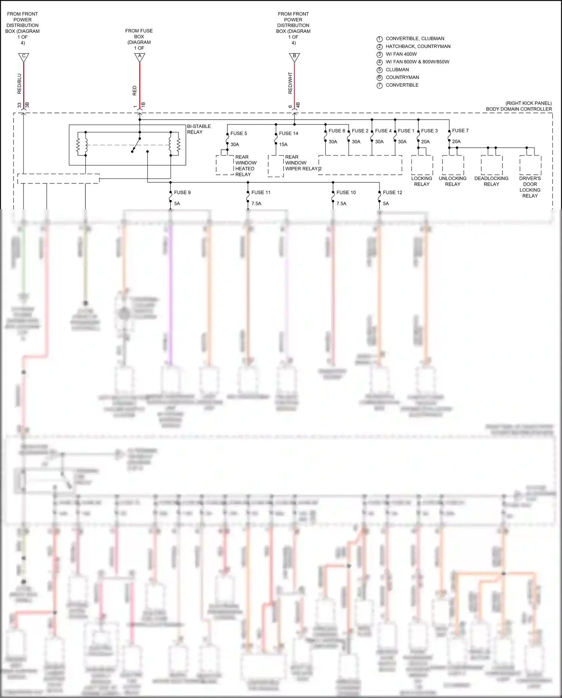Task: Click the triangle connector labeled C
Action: pyautogui.click(x=24, y=57)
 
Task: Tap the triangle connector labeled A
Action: pyautogui.click(x=140, y=57)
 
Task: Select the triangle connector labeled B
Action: pyautogui.click(x=294, y=57)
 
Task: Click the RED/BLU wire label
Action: pyautogui.click(x=19, y=83)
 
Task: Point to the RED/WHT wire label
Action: pyautogui.click(x=290, y=83)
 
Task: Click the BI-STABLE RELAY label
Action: pyautogui.click(x=199, y=129)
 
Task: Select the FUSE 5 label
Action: pyautogui.click(x=239, y=133)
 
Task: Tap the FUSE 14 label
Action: pyautogui.click(x=288, y=133)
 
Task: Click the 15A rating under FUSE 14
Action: pyautogui.click(x=283, y=144)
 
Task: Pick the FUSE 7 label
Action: pyautogui.click(x=460, y=131)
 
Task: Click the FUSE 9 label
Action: pyautogui.click(x=182, y=192)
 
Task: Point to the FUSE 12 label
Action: pyautogui.click(x=392, y=192)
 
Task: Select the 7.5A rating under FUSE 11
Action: pyautogui.click(x=256, y=204)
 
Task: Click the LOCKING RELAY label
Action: pyautogui.click(x=421, y=181)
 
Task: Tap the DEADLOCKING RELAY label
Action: pyautogui.click(x=491, y=181)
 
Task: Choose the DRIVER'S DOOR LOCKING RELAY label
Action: pyautogui.click(x=530, y=187)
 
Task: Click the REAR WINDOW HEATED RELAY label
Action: pyautogui.click(x=245, y=166)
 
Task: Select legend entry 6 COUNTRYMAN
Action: pyautogui.click(x=402, y=77)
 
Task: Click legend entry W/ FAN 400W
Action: pyautogui.click(x=401, y=54)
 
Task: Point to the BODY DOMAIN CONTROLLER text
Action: pyautogui.click(x=519, y=109)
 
